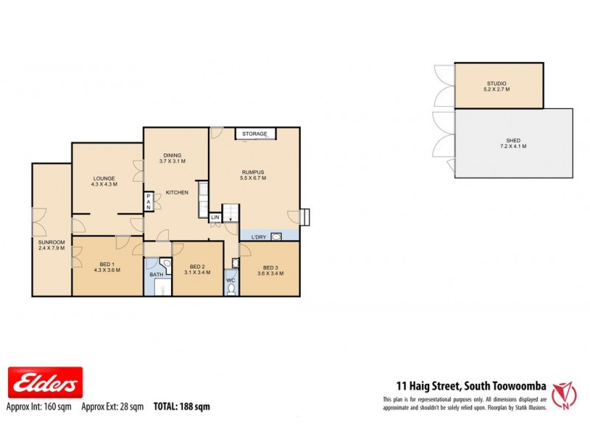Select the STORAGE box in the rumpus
255,134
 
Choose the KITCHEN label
178,192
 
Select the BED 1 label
106,266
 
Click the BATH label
156,275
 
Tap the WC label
231,280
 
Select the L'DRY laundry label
258,236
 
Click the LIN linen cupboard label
215,218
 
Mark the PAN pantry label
148,202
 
